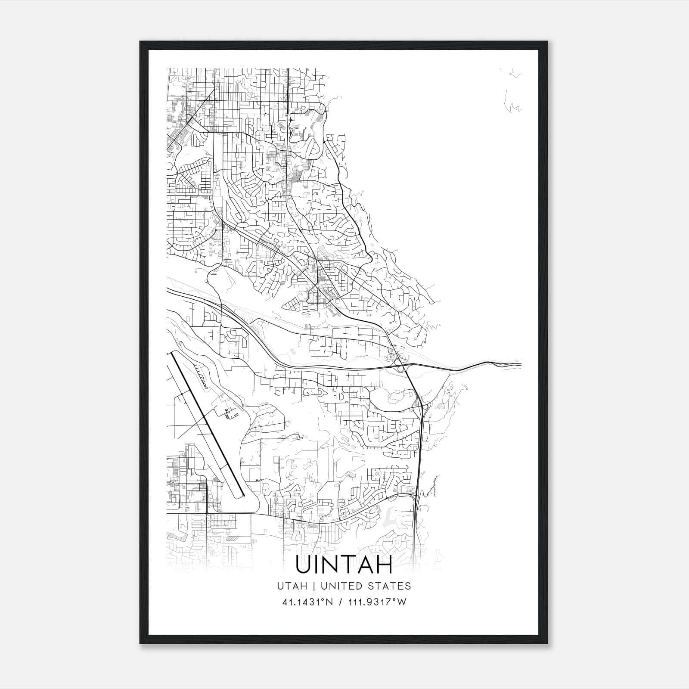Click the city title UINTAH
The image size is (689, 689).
tap(344, 565)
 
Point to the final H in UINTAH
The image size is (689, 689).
tap(384, 565)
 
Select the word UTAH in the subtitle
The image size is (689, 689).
tap(292, 586)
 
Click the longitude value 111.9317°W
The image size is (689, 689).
tap(376, 602)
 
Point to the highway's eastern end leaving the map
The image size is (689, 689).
tap(520, 365)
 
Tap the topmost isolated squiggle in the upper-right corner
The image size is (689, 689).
tap(513, 74)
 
